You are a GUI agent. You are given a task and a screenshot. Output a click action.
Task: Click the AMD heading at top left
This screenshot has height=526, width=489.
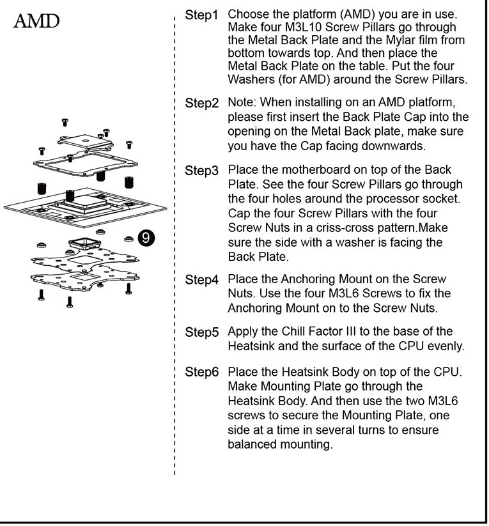pos(37,22)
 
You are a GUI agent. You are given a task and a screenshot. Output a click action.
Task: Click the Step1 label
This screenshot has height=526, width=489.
pos(202,14)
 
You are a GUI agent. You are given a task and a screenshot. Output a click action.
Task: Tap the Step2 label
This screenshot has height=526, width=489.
pos(202,103)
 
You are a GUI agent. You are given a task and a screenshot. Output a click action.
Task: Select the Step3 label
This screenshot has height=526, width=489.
pos(202,171)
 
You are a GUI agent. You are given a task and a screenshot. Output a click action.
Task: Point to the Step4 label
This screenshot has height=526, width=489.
pos(202,279)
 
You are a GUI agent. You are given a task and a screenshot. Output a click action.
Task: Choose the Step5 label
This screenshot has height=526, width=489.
pos(202,332)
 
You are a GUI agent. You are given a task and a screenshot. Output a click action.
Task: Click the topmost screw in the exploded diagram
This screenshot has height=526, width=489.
pos(65,121)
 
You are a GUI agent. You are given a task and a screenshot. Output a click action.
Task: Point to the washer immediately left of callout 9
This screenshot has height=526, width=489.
pos(128,238)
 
